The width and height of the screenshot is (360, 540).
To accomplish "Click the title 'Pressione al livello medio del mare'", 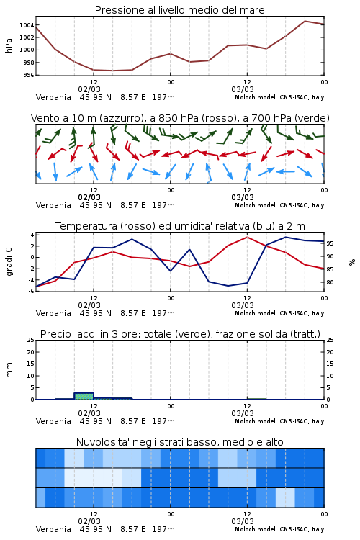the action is click(179, 10).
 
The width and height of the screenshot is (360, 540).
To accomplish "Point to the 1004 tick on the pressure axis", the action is click(27, 25).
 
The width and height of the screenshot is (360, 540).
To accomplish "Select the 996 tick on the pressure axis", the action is click(29, 75).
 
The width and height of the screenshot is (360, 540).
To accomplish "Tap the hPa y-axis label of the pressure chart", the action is click(9, 45).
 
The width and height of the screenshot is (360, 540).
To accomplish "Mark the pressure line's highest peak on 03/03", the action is click(305, 21).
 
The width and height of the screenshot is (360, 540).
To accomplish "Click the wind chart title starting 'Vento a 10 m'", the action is click(180, 118).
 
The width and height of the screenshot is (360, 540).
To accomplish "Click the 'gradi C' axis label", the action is click(9, 261).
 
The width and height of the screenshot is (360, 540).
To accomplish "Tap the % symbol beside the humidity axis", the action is click(352, 262).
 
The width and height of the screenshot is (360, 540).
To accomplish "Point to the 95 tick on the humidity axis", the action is click(330, 243).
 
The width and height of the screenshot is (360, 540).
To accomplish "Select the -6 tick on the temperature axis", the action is click(31, 291).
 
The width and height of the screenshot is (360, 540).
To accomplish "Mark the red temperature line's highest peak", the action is click(247, 237).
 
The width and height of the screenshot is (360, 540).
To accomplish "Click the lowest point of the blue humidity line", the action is click(228, 286).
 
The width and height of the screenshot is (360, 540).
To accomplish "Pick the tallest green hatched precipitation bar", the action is click(84, 396).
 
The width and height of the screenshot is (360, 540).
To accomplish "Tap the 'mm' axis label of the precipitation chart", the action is click(9, 370).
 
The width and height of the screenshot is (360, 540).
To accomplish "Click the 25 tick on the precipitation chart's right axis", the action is click(330, 340).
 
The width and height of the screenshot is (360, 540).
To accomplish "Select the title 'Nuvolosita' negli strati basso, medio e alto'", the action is click(179, 442).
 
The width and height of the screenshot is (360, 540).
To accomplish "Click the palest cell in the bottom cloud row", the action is click(285, 498).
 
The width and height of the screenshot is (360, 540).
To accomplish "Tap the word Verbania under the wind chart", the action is click(53, 205).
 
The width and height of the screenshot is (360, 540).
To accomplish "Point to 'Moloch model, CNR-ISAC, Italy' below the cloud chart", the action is click(279, 529).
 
